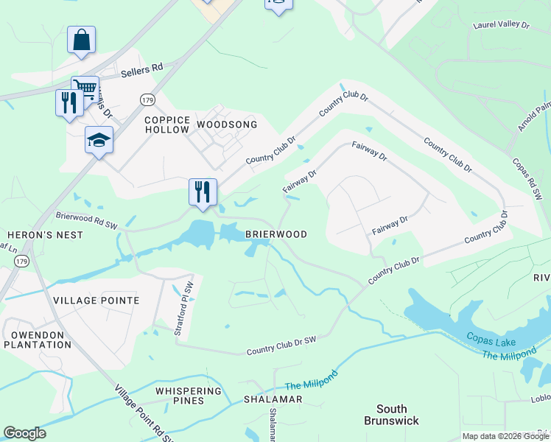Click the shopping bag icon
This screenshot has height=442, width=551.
coord(81,40)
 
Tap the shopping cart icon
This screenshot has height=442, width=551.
coord(85,89)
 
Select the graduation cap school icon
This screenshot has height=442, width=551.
coord(99,139)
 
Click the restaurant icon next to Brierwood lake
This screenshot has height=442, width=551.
coord(202,192)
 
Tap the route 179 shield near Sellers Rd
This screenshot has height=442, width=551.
coord(148,98)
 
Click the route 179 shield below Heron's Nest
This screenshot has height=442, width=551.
coord(21,261)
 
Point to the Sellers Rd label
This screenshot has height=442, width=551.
coord(142,69)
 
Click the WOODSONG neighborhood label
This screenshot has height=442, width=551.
coord(227,124)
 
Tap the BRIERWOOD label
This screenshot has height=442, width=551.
coord(275,234)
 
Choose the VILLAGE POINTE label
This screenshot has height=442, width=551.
coord(96,301)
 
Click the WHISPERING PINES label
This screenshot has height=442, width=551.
coord(189,396)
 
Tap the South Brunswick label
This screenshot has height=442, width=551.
coord(391,415)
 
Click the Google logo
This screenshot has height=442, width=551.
coord(25,433)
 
